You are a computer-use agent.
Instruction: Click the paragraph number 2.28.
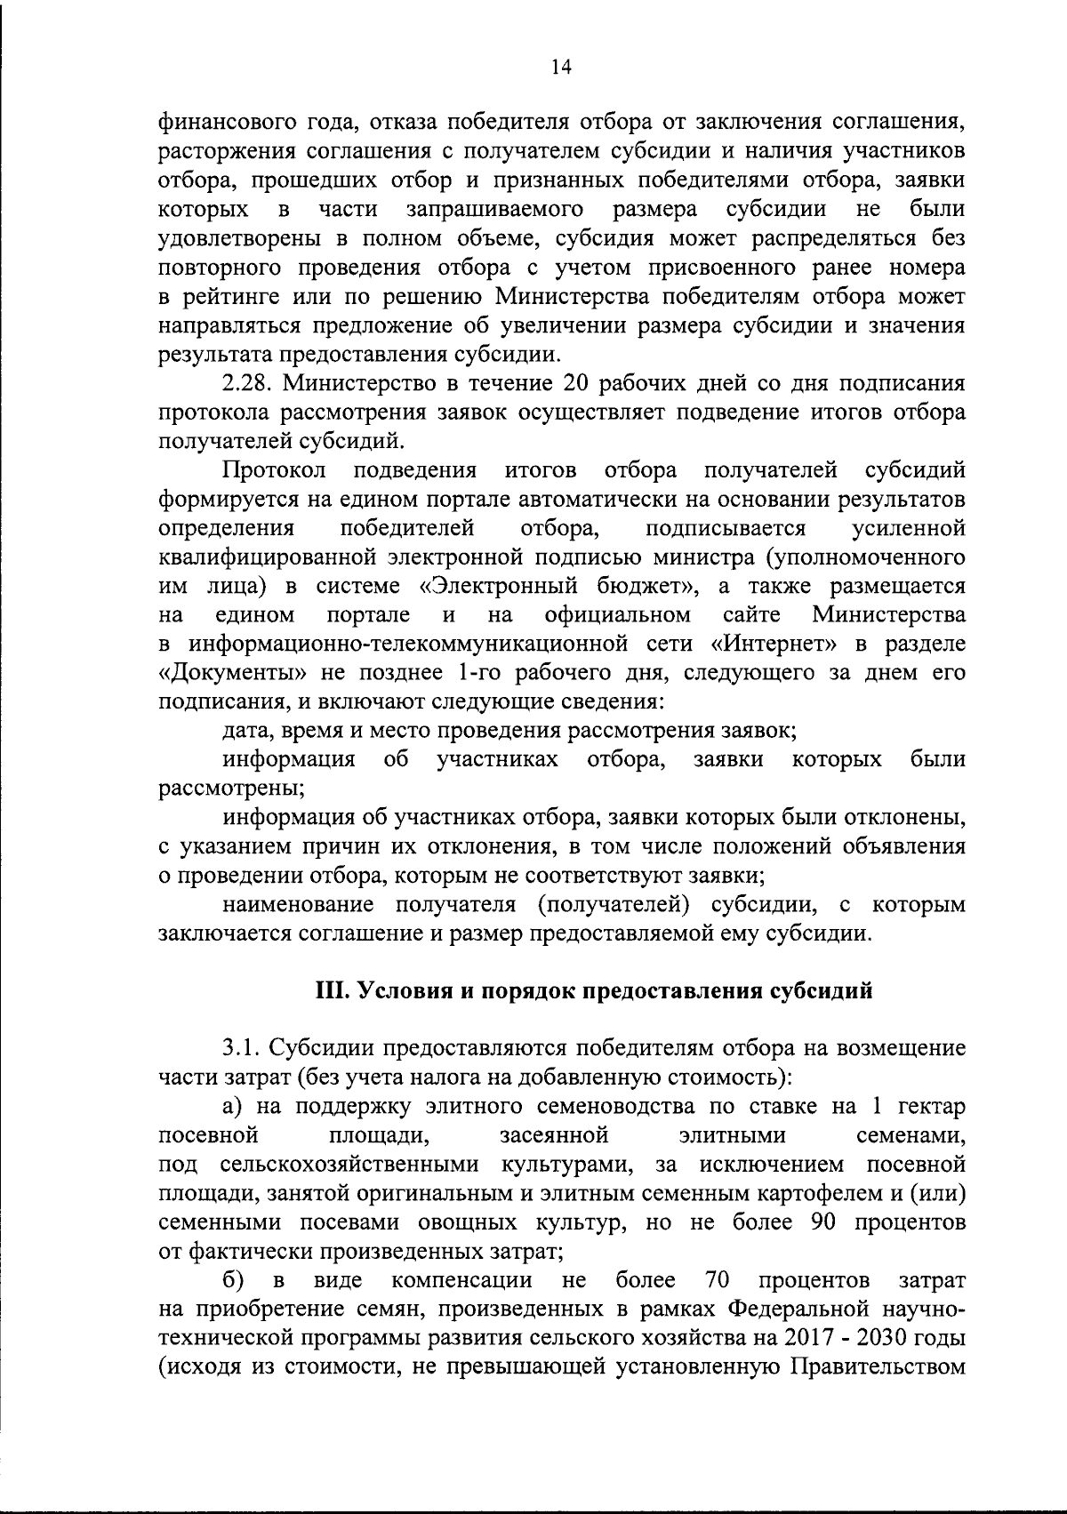pyautogui.click(x=245, y=384)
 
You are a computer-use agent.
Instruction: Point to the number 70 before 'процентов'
pyautogui.click(x=717, y=1280)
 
